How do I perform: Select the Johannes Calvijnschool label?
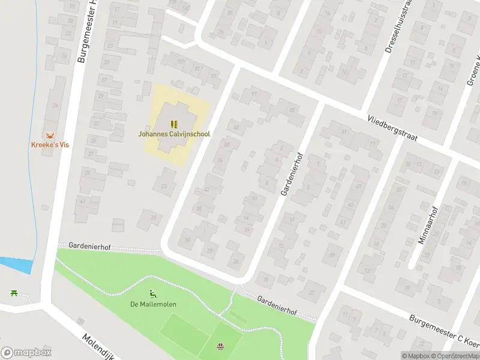174,134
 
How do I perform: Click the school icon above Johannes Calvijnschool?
174,124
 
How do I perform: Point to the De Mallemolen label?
153,304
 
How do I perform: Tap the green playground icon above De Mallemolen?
153,294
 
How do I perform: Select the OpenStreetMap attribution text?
455,356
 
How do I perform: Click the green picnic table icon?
13,293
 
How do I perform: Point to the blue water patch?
14,264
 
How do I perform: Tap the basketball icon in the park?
220,346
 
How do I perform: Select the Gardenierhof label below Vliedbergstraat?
293,173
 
